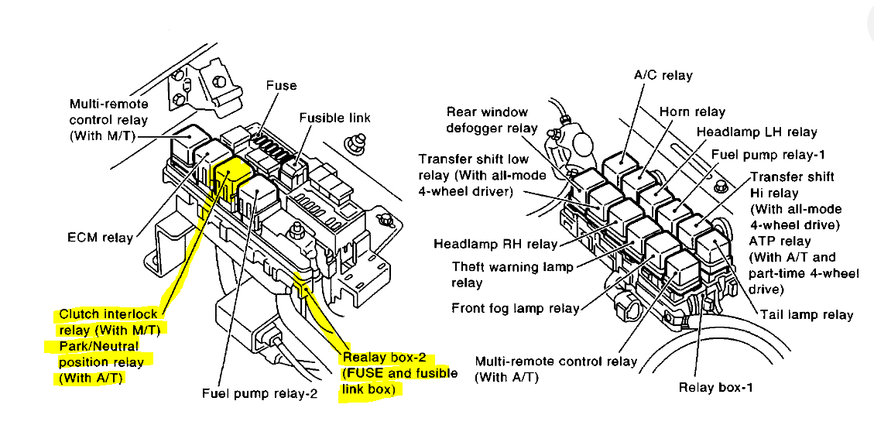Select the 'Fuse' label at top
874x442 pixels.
coord(281,85)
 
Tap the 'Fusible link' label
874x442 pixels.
coord(334,118)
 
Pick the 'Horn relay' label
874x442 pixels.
coord(692,111)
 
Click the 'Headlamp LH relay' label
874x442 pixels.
coord(756,132)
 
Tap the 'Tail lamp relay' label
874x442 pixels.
coord(807,314)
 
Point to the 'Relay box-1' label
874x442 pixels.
coord(715,387)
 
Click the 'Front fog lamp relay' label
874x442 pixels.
coord(515,308)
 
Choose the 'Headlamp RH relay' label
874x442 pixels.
coord(495,244)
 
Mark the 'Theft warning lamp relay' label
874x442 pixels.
coord(512,274)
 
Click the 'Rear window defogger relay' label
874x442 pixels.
coord(492,120)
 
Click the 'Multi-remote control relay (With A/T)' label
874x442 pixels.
coord(556,368)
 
